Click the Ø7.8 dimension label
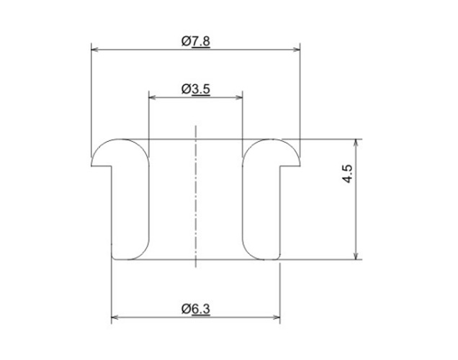[x=195, y=42]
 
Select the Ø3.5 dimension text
[x=195, y=89]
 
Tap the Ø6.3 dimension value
[x=195, y=309]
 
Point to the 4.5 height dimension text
[x=348, y=174]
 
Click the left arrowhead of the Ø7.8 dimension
[x=94, y=50]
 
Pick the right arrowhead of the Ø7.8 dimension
[x=297, y=50]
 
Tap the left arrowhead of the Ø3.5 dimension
[x=152, y=97]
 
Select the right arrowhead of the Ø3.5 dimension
[x=239, y=97]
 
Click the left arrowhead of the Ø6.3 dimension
[x=114, y=318]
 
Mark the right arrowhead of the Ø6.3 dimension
[x=277, y=318]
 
